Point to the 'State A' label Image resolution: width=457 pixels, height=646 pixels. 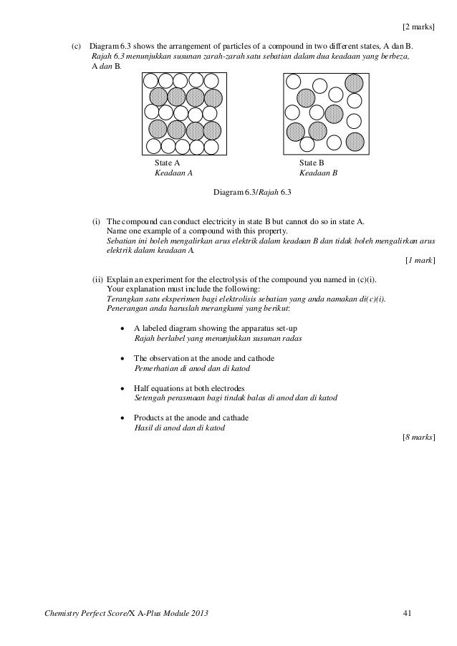point(168,164)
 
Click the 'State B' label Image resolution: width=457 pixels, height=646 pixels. point(312,164)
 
